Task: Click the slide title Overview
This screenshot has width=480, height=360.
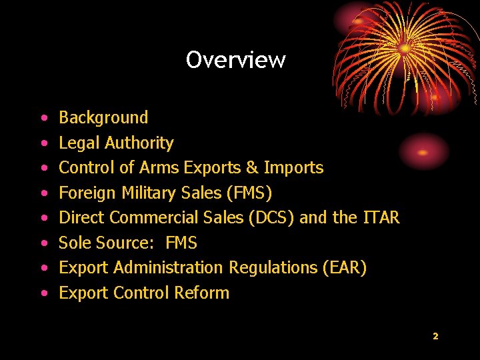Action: coord(235,60)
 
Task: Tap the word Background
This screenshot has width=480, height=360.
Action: coord(103,118)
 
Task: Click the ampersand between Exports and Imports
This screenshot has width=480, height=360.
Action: coord(251,168)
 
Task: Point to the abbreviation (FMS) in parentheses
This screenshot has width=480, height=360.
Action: coord(249,193)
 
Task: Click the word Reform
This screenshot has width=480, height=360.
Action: coord(201,293)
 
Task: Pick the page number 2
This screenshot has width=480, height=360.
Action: coord(435,336)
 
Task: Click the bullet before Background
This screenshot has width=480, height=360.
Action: coord(43,119)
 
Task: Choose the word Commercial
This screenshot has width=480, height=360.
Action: coord(154,218)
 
